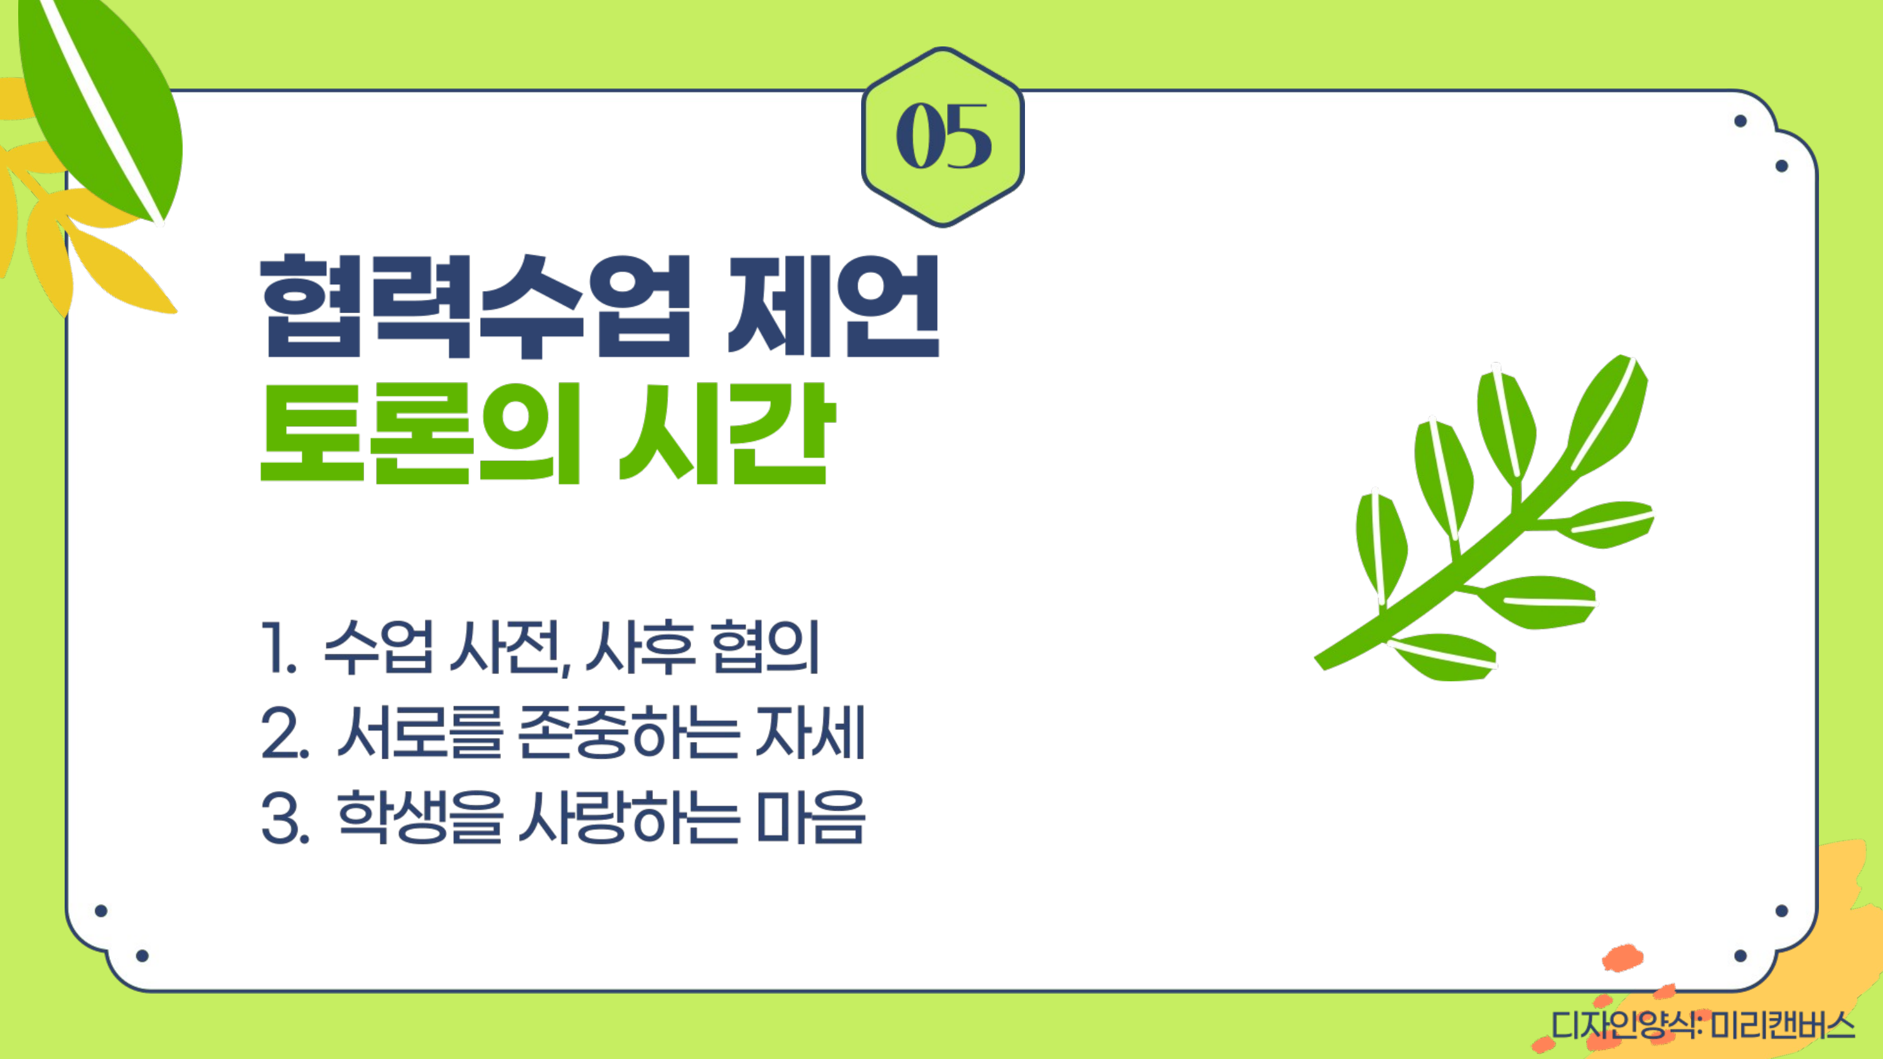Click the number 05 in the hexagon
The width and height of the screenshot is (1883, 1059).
click(x=943, y=136)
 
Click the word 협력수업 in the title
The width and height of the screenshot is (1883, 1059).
click(x=476, y=306)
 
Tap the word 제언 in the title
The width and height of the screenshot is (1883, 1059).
click(x=834, y=306)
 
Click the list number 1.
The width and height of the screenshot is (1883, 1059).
click(x=279, y=647)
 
